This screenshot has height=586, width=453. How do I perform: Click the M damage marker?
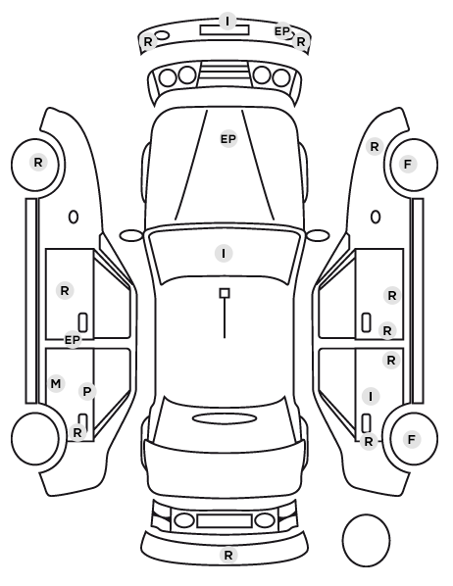click(x=56, y=384)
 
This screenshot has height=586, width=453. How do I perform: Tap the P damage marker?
click(x=87, y=392)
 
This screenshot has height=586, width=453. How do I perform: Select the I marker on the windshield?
click(x=224, y=254)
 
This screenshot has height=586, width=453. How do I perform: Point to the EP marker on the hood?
click(x=228, y=139)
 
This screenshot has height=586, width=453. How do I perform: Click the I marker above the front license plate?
click(x=227, y=21)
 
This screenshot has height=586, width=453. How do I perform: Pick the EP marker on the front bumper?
click(x=282, y=31)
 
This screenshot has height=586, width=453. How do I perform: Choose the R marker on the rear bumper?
click(x=228, y=556)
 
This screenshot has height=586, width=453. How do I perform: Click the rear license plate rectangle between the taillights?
click(x=225, y=520)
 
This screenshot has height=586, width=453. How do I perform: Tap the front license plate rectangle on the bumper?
click(x=225, y=30)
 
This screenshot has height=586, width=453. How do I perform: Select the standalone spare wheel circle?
click(x=366, y=540)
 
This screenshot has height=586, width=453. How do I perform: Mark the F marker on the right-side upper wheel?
click(x=408, y=164)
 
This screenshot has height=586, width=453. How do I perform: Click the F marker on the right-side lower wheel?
click(x=412, y=439)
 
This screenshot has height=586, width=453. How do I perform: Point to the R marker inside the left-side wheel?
click(x=38, y=163)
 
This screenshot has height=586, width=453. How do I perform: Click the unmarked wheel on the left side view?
click(x=35, y=438)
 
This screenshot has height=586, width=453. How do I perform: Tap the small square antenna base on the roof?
click(x=225, y=293)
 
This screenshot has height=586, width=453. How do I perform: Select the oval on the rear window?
click(x=225, y=418)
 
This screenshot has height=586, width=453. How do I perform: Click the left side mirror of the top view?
click(x=131, y=235)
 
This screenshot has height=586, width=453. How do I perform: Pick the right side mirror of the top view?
click(x=318, y=235)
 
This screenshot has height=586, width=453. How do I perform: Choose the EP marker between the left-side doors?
click(x=73, y=340)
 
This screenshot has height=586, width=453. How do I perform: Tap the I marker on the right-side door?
click(x=371, y=396)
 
